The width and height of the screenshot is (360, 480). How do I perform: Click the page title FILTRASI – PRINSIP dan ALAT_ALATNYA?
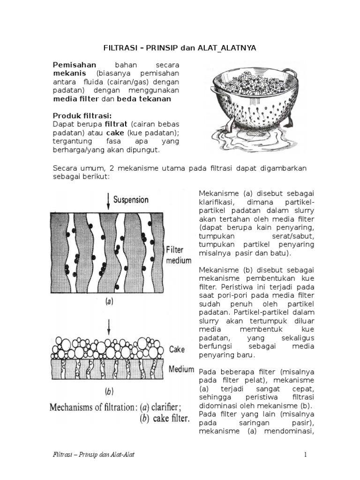[180, 48]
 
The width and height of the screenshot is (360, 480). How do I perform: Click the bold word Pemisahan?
[75, 65]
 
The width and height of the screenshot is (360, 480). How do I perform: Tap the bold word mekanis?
[69, 74]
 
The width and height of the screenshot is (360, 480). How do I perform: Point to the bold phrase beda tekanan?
[143, 99]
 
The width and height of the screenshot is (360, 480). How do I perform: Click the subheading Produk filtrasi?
[82, 116]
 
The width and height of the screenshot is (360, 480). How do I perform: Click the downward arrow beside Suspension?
[109, 200]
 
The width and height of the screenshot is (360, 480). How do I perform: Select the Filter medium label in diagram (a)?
[179, 255]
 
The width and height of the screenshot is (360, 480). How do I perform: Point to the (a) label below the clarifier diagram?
[108, 302]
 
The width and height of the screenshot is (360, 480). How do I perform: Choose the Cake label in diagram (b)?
[177, 349]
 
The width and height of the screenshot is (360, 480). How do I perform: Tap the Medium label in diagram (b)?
[181, 369]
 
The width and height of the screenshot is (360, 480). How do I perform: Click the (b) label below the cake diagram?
[108, 390]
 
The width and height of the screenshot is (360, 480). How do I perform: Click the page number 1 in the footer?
[305, 455]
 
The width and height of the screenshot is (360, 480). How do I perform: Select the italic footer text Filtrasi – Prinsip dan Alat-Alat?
[94, 455]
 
